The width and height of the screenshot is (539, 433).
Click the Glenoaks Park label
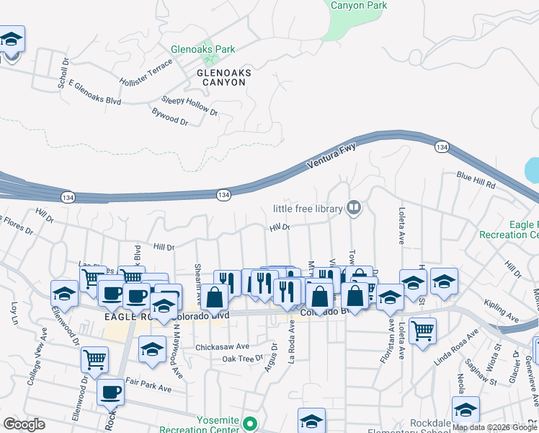tap(202, 49)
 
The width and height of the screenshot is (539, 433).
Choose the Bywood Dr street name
tap(169, 117)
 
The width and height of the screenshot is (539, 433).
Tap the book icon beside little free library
tap(354, 209)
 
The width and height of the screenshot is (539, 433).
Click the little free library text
tap(307, 209)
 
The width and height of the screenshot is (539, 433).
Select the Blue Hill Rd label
tap(476, 181)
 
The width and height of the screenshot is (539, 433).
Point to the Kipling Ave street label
tap(502, 311)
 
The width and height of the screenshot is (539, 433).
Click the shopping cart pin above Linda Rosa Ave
tap(422, 331)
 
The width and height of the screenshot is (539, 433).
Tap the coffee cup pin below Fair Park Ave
tap(110, 392)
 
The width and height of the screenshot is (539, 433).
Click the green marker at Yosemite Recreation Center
tap(249, 424)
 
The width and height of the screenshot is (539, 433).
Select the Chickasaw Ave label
tap(223, 346)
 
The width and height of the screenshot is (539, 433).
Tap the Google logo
tap(24, 424)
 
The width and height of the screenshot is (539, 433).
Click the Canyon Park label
tap(358, 6)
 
